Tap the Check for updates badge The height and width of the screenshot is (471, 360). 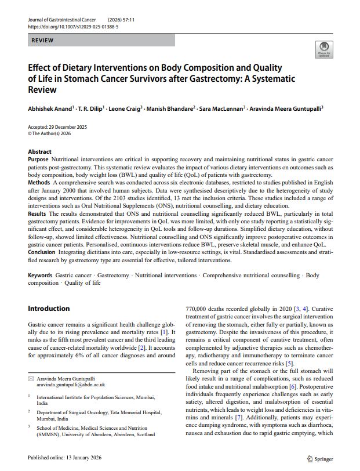323,49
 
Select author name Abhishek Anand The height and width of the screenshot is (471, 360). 50,108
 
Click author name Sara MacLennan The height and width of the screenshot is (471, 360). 223,108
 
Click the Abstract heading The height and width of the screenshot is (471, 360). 39,152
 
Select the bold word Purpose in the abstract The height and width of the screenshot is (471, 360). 38,159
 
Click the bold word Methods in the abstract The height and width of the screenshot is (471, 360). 39,182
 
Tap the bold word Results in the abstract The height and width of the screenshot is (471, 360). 38,213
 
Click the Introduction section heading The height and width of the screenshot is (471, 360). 49,309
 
